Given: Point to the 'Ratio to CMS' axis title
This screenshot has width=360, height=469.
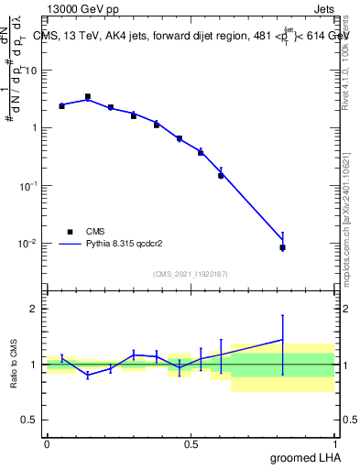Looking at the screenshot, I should point(16,365).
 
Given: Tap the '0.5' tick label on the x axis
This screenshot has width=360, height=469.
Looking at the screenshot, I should point(191,443).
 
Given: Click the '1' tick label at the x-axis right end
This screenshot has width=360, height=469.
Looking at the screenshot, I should point(335,443).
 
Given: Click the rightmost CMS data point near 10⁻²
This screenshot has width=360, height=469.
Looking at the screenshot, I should point(283,247).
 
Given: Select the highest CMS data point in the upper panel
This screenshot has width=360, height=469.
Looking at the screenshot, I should point(88,96).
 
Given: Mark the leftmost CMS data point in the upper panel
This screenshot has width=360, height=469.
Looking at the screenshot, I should point(61,106).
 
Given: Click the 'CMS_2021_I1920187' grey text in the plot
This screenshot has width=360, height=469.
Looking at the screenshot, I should point(191,274).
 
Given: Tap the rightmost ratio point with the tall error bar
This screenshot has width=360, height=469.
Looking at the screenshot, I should point(283,340).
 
